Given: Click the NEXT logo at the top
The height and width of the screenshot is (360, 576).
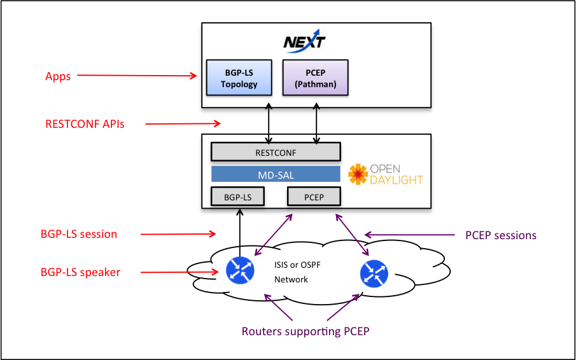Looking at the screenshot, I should (304, 42).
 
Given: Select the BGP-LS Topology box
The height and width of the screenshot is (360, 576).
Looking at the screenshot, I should (239, 78).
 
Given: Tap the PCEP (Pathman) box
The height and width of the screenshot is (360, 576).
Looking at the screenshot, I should (316, 78).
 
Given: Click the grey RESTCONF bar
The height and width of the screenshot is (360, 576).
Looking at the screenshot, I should (276, 153).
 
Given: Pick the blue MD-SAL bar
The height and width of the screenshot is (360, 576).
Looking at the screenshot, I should (276, 174).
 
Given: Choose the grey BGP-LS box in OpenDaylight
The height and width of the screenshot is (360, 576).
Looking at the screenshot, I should (237, 197).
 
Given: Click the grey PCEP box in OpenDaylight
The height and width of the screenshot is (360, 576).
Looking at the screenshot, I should (314, 197).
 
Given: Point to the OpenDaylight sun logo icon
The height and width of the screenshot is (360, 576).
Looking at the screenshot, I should (358, 174).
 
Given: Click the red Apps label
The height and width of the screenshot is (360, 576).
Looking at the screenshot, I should (58, 76).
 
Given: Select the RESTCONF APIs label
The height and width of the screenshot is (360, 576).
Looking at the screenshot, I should (85, 124).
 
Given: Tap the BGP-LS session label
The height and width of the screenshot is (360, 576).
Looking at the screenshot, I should (79, 234).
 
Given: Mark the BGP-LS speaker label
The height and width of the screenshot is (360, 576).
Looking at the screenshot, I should (80, 272).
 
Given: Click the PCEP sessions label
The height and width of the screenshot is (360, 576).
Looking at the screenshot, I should (501, 235).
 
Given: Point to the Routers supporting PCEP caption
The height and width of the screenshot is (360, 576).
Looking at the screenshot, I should (306, 331).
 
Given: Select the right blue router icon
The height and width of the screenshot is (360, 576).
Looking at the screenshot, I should (373, 272).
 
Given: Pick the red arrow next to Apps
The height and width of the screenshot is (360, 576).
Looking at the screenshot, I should (137, 76).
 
